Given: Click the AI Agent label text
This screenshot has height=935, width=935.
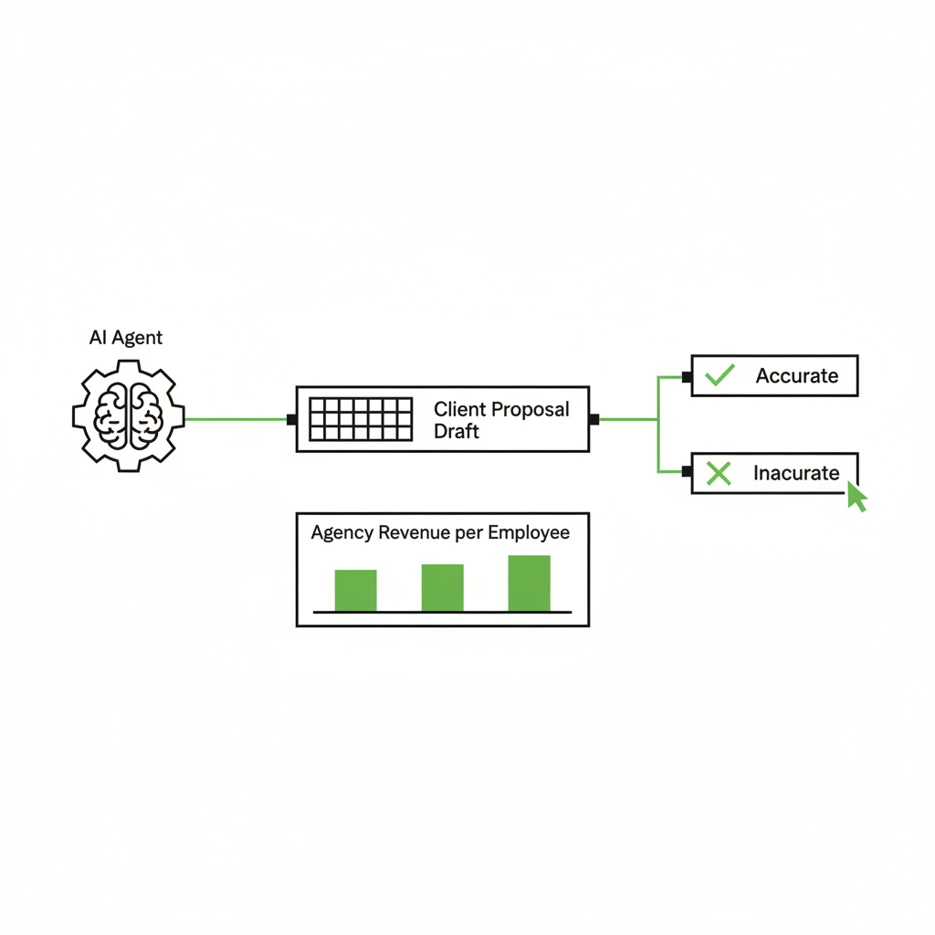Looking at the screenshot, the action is pyautogui.click(x=126, y=338).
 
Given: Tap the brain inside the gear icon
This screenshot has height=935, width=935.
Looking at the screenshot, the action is pyautogui.click(x=128, y=416).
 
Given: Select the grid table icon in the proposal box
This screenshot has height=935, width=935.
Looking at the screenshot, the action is pyautogui.click(x=361, y=419).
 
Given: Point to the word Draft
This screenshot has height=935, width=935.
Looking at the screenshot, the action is pyautogui.click(x=457, y=431).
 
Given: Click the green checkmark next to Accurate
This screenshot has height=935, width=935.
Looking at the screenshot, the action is pyautogui.click(x=720, y=375).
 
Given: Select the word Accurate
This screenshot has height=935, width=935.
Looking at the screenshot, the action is pyautogui.click(x=797, y=375).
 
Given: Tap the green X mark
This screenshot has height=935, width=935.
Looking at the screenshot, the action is pyautogui.click(x=719, y=473).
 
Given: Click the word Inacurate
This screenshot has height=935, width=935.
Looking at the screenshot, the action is pyautogui.click(x=796, y=473).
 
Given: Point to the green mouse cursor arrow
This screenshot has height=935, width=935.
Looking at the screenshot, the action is pyautogui.click(x=856, y=496).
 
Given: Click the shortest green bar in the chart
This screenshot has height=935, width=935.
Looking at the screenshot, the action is pyautogui.click(x=355, y=591).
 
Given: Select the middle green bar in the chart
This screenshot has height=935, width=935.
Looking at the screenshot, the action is pyautogui.click(x=443, y=587).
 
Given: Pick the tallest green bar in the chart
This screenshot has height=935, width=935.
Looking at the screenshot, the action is pyautogui.click(x=529, y=583).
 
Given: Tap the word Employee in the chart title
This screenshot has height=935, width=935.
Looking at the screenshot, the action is pyautogui.click(x=529, y=533).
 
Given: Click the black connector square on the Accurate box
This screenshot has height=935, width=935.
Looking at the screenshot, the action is pyautogui.click(x=687, y=377).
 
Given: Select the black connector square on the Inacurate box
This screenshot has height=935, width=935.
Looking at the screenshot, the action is pyautogui.click(x=687, y=472).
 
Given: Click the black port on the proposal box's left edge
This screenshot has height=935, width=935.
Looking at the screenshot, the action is pyautogui.click(x=291, y=420).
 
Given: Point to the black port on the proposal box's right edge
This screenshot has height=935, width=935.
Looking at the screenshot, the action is pyautogui.click(x=594, y=420).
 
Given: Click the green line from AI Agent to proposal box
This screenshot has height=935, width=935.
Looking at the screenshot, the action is pyautogui.click(x=236, y=419).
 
